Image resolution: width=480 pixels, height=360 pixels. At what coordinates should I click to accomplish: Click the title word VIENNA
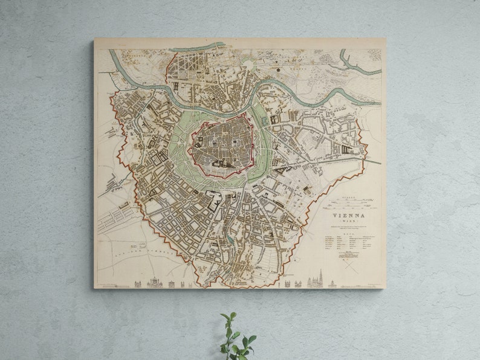(349, 215)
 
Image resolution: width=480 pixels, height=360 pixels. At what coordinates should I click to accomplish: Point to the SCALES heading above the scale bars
(346, 197)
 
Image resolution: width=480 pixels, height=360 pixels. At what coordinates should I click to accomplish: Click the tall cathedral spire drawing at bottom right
(321, 279)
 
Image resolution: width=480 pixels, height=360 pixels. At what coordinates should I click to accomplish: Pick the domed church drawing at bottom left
(156, 282)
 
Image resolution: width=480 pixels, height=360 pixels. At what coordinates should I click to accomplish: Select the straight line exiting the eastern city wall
(372, 161)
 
